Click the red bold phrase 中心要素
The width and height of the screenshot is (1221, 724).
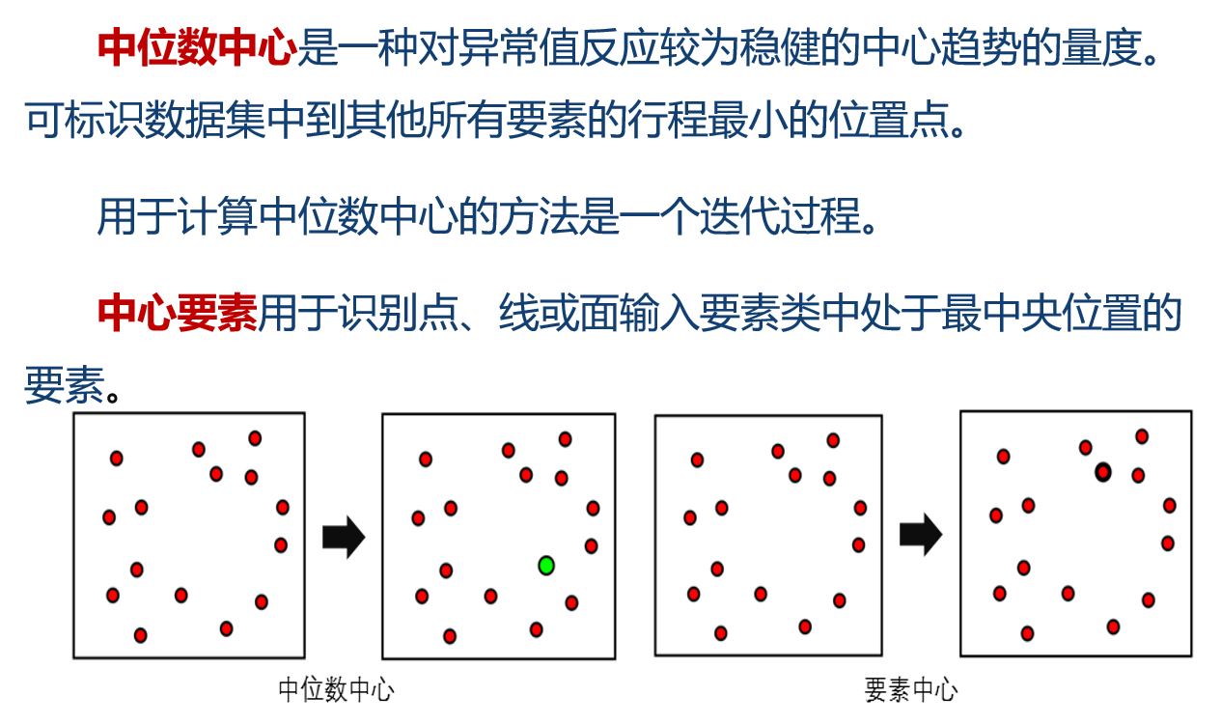[x=178, y=313]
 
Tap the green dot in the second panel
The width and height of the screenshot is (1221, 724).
[x=546, y=566]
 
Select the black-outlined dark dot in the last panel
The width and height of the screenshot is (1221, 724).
[x=1103, y=472]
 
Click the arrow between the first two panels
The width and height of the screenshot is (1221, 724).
[x=343, y=537]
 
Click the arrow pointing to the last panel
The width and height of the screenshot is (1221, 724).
[x=920, y=534]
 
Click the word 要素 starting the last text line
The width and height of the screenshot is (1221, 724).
[x=63, y=384]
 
